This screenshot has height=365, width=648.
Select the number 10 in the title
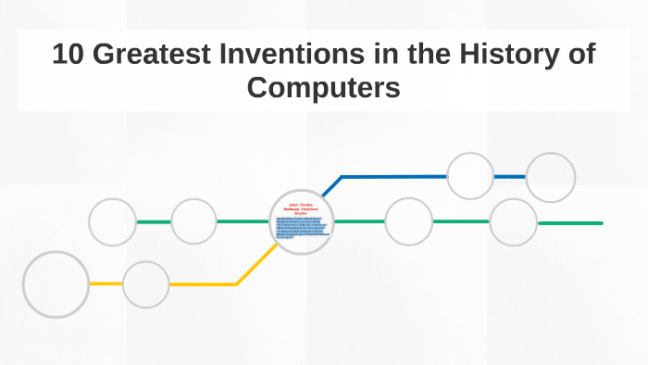69,55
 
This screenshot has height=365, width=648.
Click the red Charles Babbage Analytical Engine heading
301,208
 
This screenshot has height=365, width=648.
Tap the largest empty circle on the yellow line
56,284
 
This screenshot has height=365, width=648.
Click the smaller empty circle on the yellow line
146,284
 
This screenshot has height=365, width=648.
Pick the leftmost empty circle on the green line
113,222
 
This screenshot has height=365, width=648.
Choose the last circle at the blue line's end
551,177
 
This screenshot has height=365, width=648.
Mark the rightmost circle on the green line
513,222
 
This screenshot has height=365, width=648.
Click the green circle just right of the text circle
408,222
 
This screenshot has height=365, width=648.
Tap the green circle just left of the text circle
193,222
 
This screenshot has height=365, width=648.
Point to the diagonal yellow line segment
256,265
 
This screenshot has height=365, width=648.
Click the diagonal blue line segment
331,186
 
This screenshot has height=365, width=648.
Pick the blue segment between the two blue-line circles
510,176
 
